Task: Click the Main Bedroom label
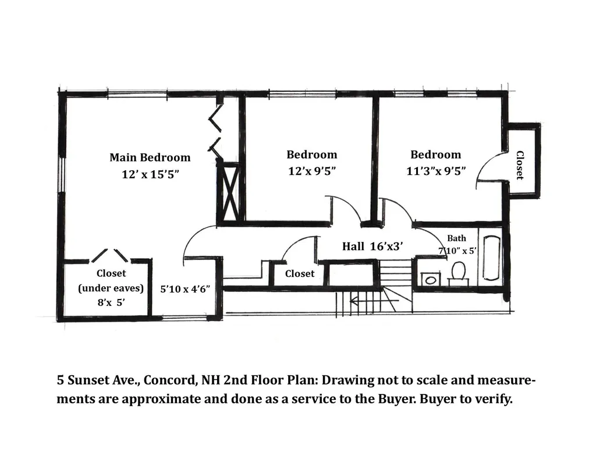point(150,157)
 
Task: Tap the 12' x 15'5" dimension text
point(150,174)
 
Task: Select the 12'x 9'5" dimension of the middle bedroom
point(312,171)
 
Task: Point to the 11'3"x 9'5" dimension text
point(436,171)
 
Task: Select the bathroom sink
point(430,279)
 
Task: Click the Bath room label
point(456,238)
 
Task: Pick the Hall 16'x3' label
point(372,247)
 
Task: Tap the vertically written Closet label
point(520,165)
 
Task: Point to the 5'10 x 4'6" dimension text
point(185,289)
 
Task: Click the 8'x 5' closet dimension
point(111,302)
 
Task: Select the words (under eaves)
point(111,288)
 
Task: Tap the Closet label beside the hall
point(300,274)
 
